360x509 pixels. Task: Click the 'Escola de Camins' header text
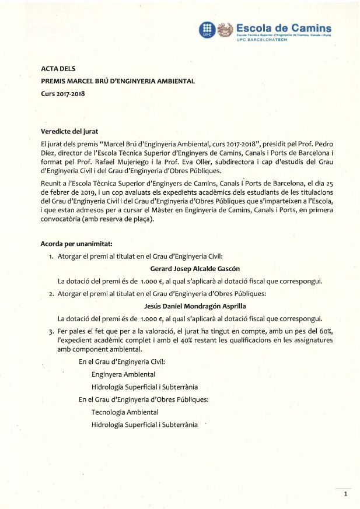[x=284, y=27]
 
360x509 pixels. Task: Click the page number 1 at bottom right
[x=345, y=494]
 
